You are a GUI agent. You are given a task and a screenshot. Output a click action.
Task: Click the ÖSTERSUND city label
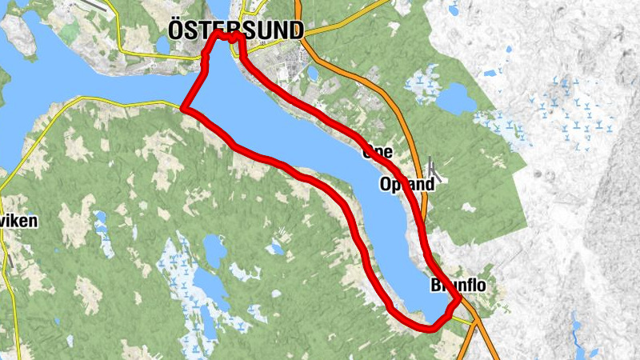[x=236, y=30]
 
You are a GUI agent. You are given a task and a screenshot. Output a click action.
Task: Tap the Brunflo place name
[x=458, y=285]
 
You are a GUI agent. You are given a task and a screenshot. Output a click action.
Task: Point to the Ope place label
[x=377, y=150]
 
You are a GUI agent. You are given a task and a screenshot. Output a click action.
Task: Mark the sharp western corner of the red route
[x=184, y=107]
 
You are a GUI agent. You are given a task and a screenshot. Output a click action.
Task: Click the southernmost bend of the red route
[x=430, y=327]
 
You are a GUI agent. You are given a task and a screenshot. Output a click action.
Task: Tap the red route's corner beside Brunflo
[x=458, y=300]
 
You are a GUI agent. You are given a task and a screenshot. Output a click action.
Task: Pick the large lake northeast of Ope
[x=456, y=98]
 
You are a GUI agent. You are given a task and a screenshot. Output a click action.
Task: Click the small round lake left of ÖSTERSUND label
[x=163, y=46]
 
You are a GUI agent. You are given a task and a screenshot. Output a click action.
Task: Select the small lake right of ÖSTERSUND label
[x=312, y=74]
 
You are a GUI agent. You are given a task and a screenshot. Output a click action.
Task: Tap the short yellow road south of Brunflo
[x=462, y=319]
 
